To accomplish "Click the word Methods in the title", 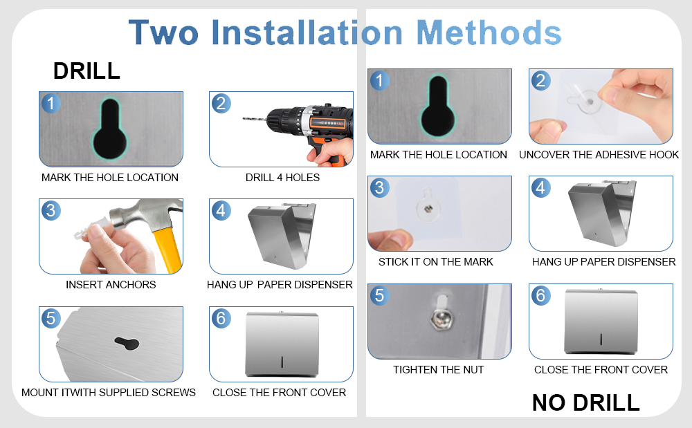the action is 489,32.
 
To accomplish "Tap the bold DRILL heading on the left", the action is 86,71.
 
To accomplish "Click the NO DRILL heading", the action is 585,402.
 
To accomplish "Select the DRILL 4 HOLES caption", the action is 282,178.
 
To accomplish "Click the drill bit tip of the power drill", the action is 244,118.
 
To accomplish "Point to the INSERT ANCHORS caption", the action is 111,285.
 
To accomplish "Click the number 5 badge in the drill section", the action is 51,318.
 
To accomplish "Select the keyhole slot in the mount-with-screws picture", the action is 127,344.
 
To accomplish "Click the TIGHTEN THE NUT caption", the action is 438,370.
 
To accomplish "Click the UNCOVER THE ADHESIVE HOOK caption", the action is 599,155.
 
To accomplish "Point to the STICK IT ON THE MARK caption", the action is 435,262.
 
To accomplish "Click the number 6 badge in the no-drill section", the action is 540,295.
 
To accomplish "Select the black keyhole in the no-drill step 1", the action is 438,106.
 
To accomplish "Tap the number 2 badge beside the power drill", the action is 221,104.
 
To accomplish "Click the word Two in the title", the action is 163,32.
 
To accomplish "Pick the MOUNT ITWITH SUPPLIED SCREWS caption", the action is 109,392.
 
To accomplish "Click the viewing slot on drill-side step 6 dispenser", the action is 282,362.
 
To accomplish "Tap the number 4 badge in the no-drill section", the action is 540,188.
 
